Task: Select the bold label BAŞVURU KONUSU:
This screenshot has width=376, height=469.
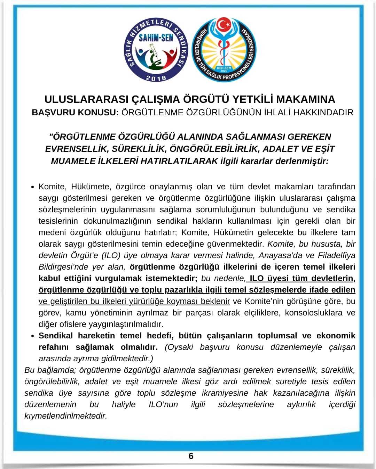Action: coord(76,113)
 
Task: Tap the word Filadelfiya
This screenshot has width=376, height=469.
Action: coord(337,255)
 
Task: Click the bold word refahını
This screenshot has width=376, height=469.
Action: coord(55,347)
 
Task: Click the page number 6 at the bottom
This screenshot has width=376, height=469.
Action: coord(190,456)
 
